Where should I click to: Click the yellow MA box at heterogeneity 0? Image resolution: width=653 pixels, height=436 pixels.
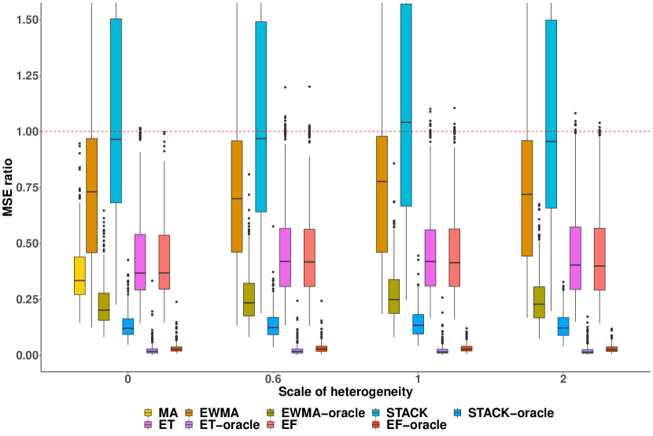pyautogui.click(x=79, y=275)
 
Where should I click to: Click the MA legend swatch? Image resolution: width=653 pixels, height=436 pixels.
pyautogui.click(x=149, y=412)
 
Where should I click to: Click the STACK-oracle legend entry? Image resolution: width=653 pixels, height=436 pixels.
pyautogui.click(x=504, y=412)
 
